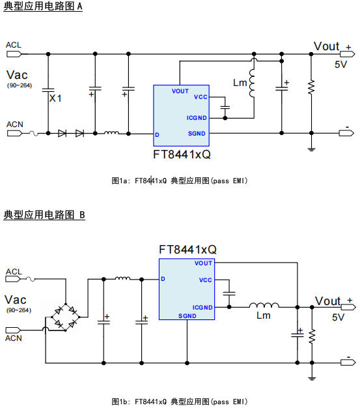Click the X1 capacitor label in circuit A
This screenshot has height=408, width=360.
pos(55,98)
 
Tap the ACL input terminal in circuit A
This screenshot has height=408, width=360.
pos(14,54)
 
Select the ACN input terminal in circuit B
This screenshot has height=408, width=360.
pos(13,330)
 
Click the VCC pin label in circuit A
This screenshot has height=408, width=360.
pos(201,97)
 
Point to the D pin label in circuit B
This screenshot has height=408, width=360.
pos(163,279)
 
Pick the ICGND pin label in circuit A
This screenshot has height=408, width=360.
pos(197,118)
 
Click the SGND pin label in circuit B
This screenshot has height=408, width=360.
pos(187,316)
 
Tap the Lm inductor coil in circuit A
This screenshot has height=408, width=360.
pos(252,83)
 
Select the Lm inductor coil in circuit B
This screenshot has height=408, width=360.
pos(264,305)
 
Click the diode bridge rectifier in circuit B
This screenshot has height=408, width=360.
pos(66,317)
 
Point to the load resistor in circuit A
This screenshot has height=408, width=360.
pos(311,87)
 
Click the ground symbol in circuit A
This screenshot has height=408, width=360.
pos(311,149)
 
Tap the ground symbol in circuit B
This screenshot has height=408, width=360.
pos(312,378)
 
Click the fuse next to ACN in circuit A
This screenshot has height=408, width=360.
pos(34,133)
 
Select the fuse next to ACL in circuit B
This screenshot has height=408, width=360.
pos(31,279)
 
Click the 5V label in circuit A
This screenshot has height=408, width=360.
pos(340,65)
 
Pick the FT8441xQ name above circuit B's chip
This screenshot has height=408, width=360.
pos(187,250)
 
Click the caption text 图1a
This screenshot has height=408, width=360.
pos(119,181)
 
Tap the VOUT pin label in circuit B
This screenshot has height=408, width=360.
pos(203,263)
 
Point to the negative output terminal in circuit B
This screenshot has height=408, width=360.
pos(348,362)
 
